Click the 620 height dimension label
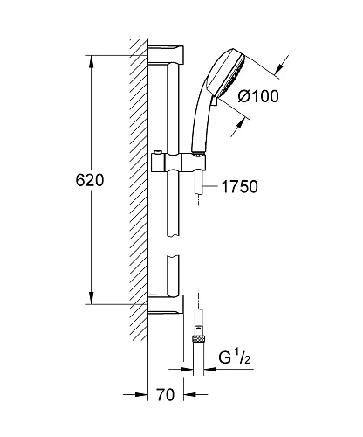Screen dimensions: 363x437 90,180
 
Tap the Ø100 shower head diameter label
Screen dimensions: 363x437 258,96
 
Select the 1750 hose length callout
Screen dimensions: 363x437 239,186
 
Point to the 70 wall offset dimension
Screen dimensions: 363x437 166,395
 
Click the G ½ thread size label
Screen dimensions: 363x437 235,357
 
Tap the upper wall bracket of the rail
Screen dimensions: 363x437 166,55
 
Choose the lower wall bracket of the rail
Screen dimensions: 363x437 166,304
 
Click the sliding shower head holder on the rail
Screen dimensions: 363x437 179,162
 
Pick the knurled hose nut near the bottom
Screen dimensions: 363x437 198,339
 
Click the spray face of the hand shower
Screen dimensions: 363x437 232,76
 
